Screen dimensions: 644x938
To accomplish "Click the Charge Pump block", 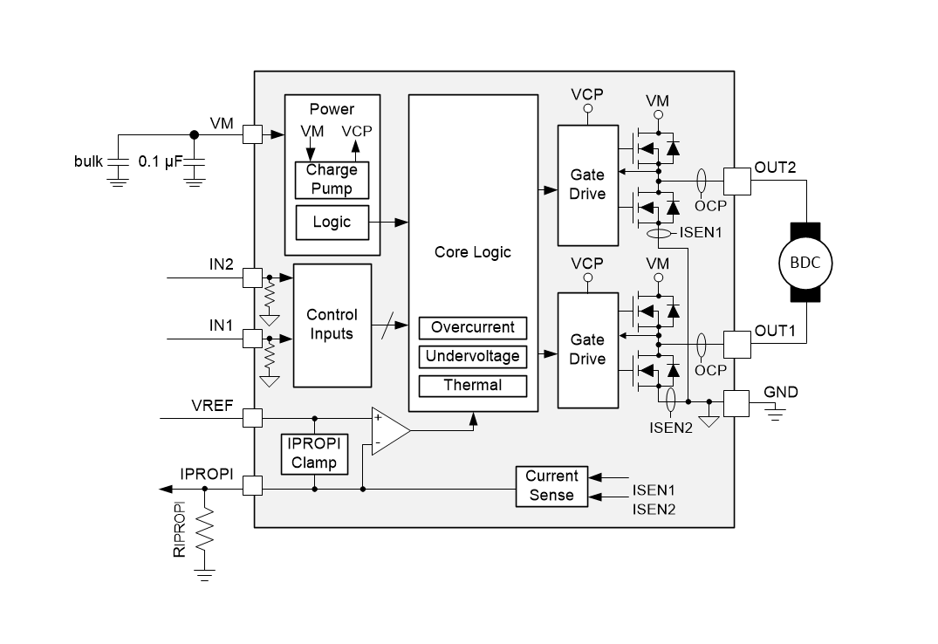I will click(x=332, y=180).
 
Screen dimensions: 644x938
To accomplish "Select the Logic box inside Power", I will click(x=332, y=222).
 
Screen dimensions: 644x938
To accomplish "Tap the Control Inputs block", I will click(x=332, y=325).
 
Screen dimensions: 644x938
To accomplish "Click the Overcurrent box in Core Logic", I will click(x=473, y=328).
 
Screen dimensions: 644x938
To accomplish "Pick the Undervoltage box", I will click(x=473, y=356).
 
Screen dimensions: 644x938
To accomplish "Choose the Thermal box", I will click(x=473, y=385).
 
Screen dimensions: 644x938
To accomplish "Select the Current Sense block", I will click(x=551, y=486).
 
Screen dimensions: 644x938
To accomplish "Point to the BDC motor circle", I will click(x=804, y=263).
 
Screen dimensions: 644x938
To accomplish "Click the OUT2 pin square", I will click(x=736, y=181).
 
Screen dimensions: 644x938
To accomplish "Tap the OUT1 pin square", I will click(x=736, y=344).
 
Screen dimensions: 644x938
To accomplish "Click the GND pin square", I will click(x=736, y=403).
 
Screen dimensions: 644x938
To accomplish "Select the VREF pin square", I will click(x=252, y=418).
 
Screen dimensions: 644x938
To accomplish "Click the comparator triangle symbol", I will click(x=388, y=430).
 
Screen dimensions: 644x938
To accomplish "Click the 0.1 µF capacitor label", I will click(x=160, y=161).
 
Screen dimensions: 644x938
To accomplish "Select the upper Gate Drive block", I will click(x=587, y=184).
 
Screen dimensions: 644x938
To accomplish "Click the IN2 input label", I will click(x=222, y=264).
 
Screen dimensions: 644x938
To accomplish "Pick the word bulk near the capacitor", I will click(x=88, y=161).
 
